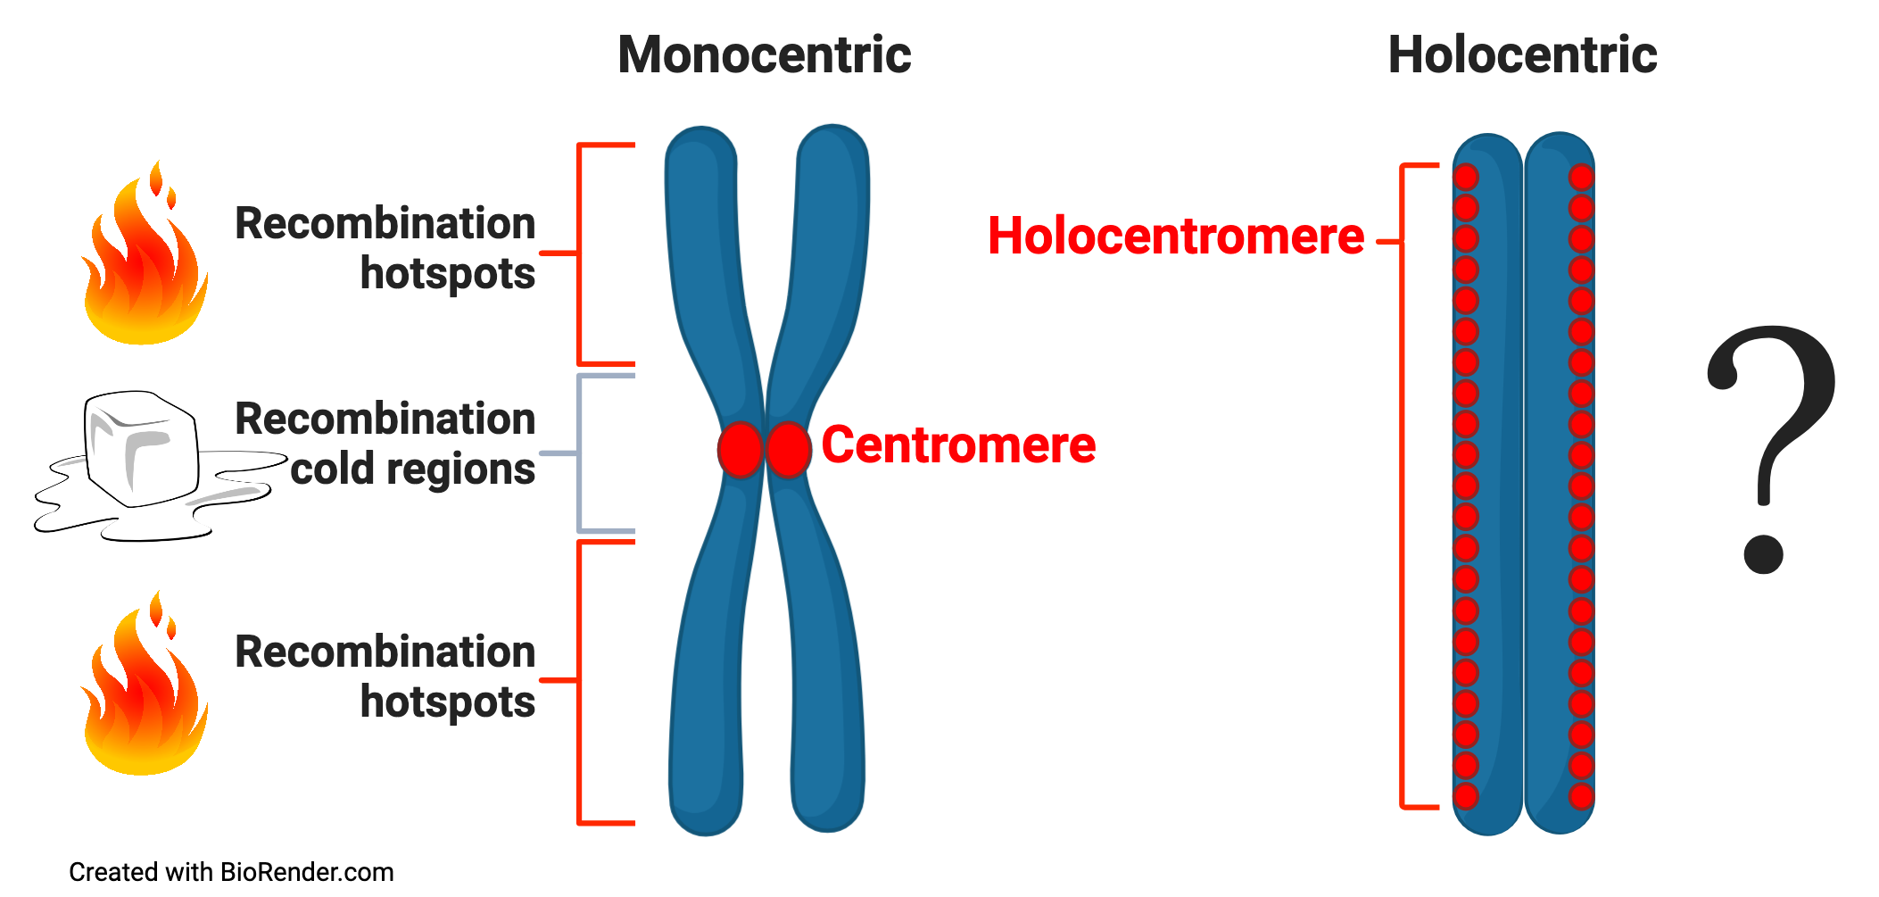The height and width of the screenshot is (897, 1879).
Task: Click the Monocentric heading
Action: (x=765, y=55)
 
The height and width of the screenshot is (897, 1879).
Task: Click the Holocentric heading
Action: (x=1522, y=55)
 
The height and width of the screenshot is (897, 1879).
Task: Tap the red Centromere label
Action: (x=958, y=444)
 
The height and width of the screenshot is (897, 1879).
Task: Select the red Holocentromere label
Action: (x=1176, y=237)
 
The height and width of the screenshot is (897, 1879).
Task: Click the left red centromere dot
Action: (x=741, y=449)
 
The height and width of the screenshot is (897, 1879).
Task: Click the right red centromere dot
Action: (x=788, y=449)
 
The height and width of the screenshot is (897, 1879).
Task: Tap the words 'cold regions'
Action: (x=412, y=469)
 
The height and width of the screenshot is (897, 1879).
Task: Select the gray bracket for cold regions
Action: (x=581, y=453)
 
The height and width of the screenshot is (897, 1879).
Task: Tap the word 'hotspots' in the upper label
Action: (x=447, y=273)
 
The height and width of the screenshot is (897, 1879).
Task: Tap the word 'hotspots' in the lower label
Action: (x=447, y=702)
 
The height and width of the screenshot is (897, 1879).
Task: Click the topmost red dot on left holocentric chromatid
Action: (x=1466, y=177)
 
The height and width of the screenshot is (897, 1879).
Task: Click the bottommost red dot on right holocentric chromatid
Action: (x=1581, y=795)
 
